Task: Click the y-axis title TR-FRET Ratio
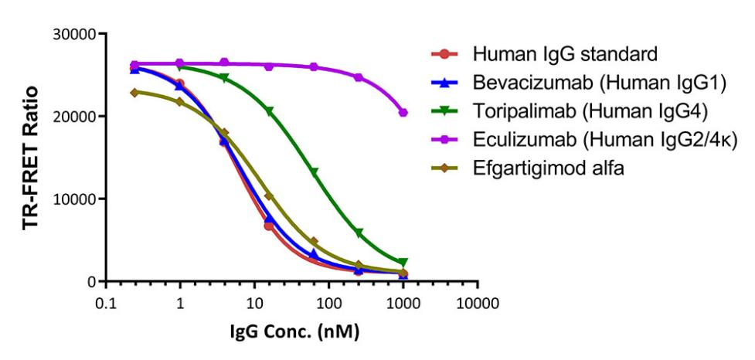(30, 157)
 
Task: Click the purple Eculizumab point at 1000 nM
(403, 113)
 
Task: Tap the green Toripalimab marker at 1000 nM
(403, 263)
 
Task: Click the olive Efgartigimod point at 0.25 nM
(135, 93)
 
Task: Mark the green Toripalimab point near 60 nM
(315, 172)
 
